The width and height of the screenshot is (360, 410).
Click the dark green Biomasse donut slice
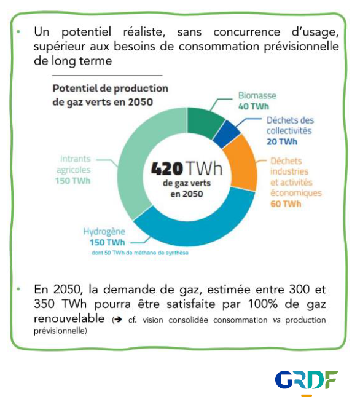205,122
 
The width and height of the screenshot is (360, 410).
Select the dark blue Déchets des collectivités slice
227,134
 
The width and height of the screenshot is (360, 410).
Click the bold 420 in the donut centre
167,168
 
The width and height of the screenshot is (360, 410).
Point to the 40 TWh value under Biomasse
254,106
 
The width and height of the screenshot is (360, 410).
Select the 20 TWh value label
282,142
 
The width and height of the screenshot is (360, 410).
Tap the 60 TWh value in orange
286,203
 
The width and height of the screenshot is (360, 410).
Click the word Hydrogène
104,232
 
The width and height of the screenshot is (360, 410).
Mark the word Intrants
75,159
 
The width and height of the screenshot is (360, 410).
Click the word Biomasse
257,95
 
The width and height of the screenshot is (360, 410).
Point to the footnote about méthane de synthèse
140,253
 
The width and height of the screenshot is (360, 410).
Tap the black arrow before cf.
118,320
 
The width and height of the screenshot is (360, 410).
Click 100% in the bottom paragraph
263,304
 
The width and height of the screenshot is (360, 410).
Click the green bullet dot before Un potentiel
18,32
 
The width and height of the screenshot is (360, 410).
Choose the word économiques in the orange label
296,193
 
